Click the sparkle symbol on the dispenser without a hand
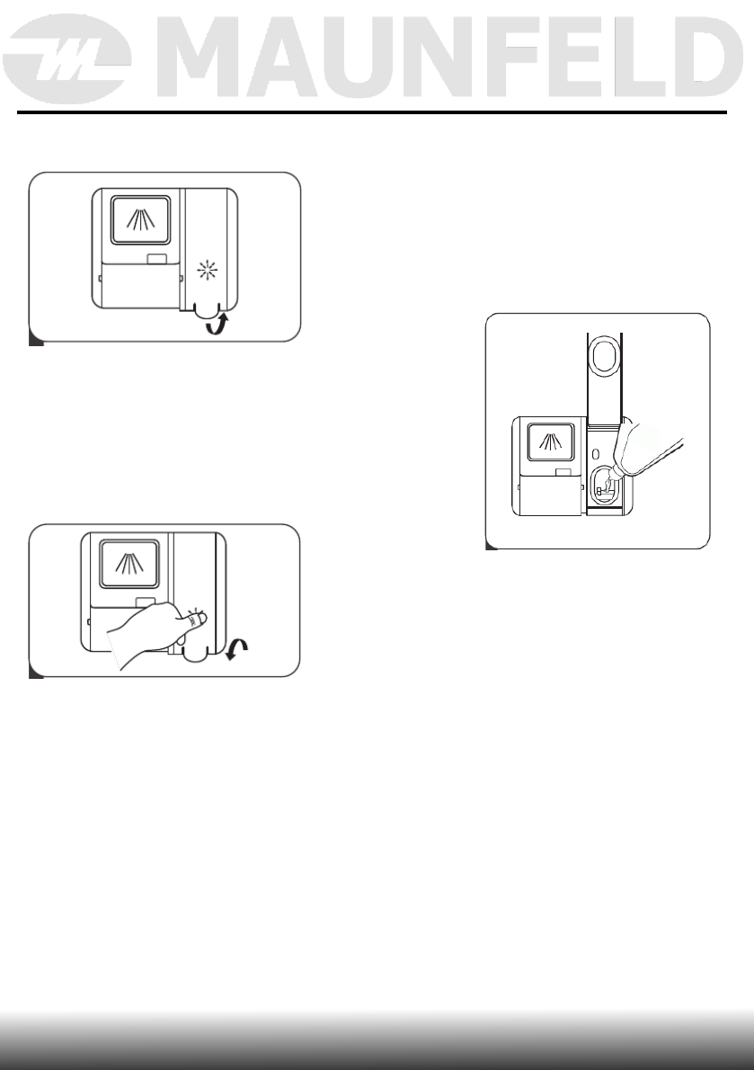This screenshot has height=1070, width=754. click(x=209, y=268)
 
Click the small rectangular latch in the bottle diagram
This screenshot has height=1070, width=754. click(x=563, y=471)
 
